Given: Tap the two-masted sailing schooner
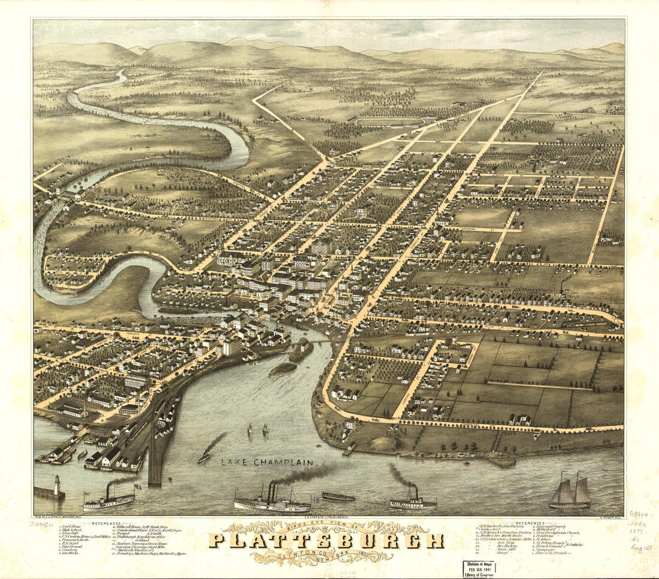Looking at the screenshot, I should [x=570, y=492].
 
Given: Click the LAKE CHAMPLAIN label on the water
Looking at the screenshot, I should [x=267, y=463].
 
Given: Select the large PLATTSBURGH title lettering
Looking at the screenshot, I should [x=326, y=541].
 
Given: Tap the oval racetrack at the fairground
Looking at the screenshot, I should [x=389, y=122].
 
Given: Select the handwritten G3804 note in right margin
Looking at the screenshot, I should [x=639, y=514].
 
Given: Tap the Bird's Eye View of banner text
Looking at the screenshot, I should [x=327, y=527].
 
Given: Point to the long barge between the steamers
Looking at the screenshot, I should [x=338, y=497].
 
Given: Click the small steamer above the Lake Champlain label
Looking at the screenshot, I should [x=205, y=456].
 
